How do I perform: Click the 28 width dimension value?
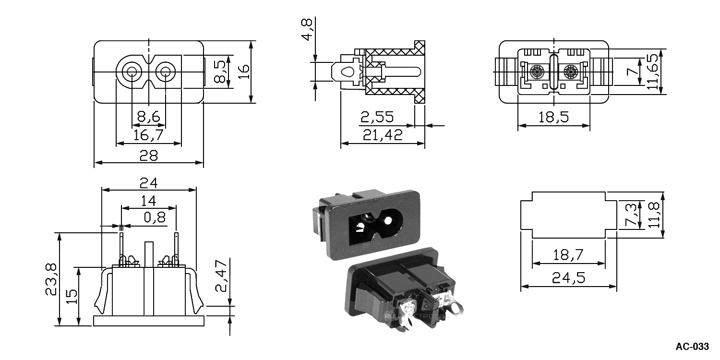pos(149,156)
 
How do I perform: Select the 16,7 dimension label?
pos(148,135)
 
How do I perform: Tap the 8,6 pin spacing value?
pos(148,117)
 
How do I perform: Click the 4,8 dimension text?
pos(307,30)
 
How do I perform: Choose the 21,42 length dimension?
pos(383,135)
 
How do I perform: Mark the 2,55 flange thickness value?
pos(377,117)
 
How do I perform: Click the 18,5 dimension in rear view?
pos(553,117)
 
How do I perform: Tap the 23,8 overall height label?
pos(52,279)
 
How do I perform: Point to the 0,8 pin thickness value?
pos(155,218)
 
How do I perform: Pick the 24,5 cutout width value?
pos(568,278)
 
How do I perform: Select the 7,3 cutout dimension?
pos(632,215)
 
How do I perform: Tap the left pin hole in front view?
pos(131,72)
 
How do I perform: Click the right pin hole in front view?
pos(166,72)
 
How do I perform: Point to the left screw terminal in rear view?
pos(537,73)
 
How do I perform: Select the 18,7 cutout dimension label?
pos(568,255)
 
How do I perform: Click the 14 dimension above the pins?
pos(149,201)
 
